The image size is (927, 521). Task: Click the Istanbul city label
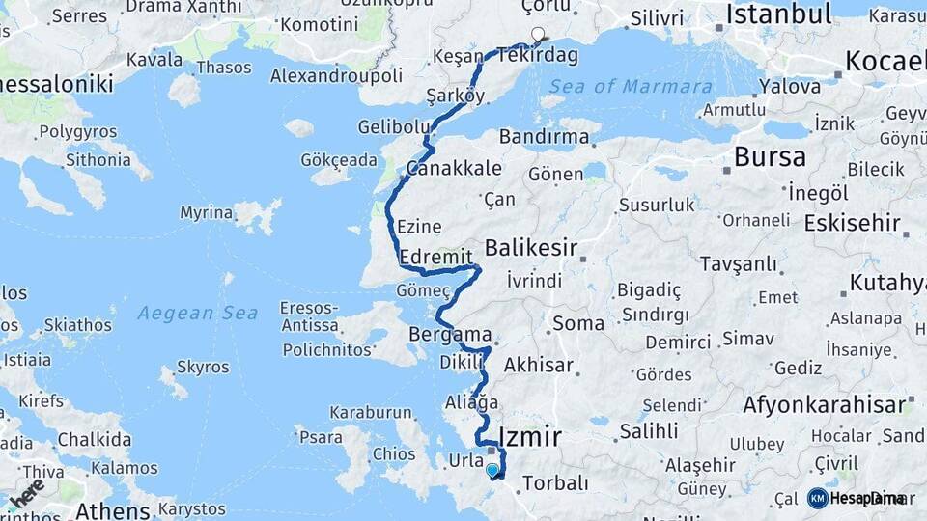click(x=778, y=14)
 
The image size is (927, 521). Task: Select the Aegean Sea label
click(x=197, y=313)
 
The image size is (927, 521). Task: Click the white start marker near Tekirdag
click(x=538, y=34)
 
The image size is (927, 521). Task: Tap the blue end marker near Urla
click(x=492, y=470)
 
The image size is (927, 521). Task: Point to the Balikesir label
click(x=530, y=248)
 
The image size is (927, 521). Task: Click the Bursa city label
click(x=771, y=156)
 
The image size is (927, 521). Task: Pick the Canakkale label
click(x=454, y=168)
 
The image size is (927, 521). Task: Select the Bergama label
click(x=451, y=335)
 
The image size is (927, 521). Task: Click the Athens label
click(x=112, y=509)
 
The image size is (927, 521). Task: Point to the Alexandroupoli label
click(x=336, y=75)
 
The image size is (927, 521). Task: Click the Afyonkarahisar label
click(x=825, y=404)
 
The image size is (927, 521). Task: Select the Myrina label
click(x=206, y=212)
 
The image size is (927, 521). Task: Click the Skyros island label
click(x=204, y=367)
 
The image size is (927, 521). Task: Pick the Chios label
click(x=394, y=453)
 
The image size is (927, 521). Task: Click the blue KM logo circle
click(x=818, y=498)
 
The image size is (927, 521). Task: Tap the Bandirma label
click(x=545, y=136)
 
